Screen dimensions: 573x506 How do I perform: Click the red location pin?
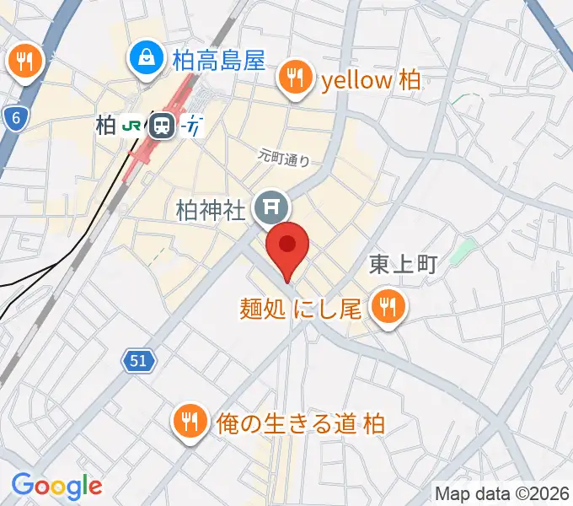[287, 246]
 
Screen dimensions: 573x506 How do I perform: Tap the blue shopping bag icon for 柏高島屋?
[147, 58]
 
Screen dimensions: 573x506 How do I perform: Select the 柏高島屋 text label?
[218, 60]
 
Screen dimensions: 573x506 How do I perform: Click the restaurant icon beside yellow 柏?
[295, 79]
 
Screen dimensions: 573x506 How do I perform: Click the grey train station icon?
[160, 126]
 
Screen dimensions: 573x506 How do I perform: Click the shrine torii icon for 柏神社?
[271, 207]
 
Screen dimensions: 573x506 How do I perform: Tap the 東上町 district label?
[403, 265]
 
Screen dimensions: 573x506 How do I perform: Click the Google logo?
[56, 486]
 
